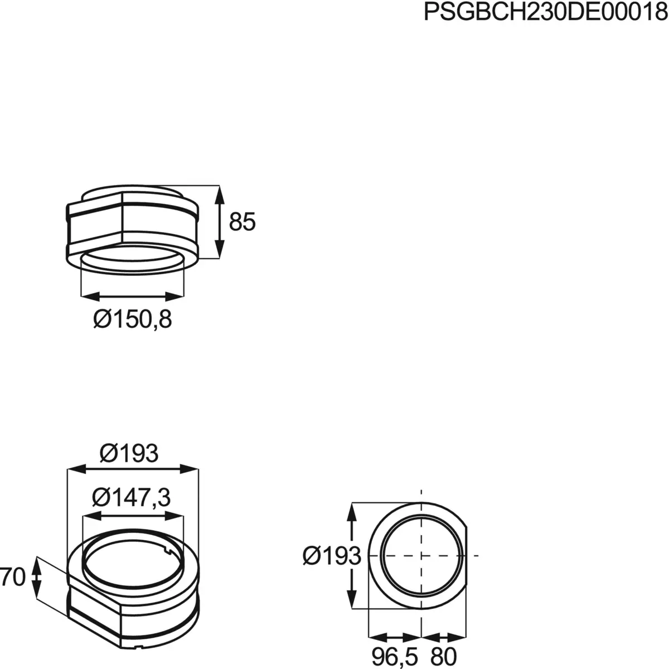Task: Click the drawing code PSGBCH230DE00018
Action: pyautogui.click(x=545, y=12)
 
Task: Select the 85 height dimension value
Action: pyautogui.click(x=242, y=222)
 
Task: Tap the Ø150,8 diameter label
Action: pyautogui.click(x=133, y=319)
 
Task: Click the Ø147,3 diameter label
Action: pyautogui.click(x=132, y=497)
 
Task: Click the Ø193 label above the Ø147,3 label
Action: pyautogui.click(x=129, y=454)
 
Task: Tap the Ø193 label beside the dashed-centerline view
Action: pyautogui.click(x=332, y=556)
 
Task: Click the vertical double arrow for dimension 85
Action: pyautogui.click(x=220, y=222)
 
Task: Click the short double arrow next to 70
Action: pyautogui.click(x=36, y=578)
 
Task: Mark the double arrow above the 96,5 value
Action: pyautogui.click(x=395, y=636)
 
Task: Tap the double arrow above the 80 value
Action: pyautogui.click(x=444, y=636)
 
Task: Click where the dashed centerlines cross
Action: pyautogui.click(x=421, y=555)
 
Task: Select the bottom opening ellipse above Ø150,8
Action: pyautogui.click(x=133, y=262)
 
